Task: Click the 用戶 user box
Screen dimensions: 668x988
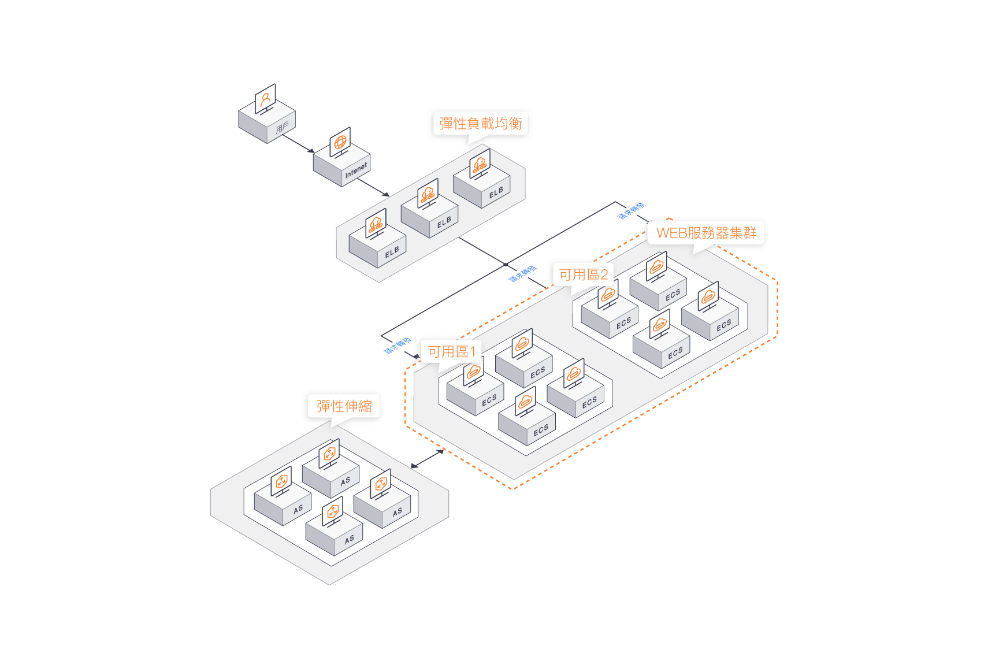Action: (x=267, y=123)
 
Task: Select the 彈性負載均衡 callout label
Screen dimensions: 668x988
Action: (x=480, y=124)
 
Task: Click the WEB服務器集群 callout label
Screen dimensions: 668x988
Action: (x=706, y=233)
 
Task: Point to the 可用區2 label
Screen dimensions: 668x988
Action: (x=583, y=274)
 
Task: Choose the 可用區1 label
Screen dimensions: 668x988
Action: (x=451, y=351)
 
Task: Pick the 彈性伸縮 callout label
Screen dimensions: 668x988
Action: (x=344, y=406)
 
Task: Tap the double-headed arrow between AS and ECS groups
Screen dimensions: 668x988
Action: (x=427, y=459)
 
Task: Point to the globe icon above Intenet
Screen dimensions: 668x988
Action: (x=340, y=142)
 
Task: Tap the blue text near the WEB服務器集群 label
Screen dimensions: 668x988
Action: (x=632, y=211)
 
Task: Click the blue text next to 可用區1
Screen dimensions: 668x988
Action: (x=398, y=346)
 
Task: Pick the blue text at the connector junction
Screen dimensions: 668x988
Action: (x=522, y=274)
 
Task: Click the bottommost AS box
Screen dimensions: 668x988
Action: (x=334, y=535)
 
